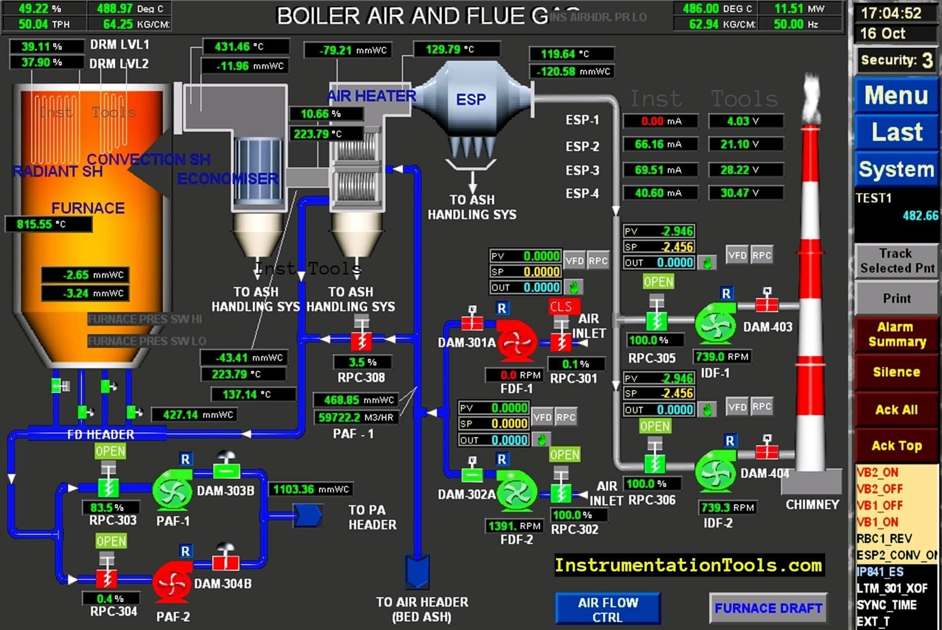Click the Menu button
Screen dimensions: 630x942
pyautogui.click(x=896, y=95)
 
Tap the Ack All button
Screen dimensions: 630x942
pyautogui.click(x=896, y=410)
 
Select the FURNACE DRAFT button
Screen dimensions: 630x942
pyautogui.click(x=768, y=608)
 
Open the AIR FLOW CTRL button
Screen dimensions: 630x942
pyautogui.click(x=608, y=609)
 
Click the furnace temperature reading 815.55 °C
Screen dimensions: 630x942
pyautogui.click(x=49, y=224)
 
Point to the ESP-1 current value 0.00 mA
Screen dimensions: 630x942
pyautogui.click(x=660, y=121)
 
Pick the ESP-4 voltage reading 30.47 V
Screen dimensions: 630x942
pyautogui.click(x=746, y=193)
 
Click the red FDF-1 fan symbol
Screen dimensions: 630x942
pyautogui.click(x=516, y=341)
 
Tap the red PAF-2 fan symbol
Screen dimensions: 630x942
pyautogui.click(x=172, y=583)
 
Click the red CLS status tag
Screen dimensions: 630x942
pyautogui.click(x=561, y=306)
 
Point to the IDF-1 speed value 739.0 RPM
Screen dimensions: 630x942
pyautogui.click(x=722, y=357)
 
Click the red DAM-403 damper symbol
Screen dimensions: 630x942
pyautogui.click(x=767, y=304)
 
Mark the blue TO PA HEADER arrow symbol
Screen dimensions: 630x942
pyautogui.click(x=308, y=516)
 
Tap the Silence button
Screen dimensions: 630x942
pyautogui.click(x=896, y=372)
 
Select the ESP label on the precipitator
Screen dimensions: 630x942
pyautogui.click(x=470, y=100)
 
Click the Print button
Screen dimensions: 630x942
pyautogui.click(x=896, y=298)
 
